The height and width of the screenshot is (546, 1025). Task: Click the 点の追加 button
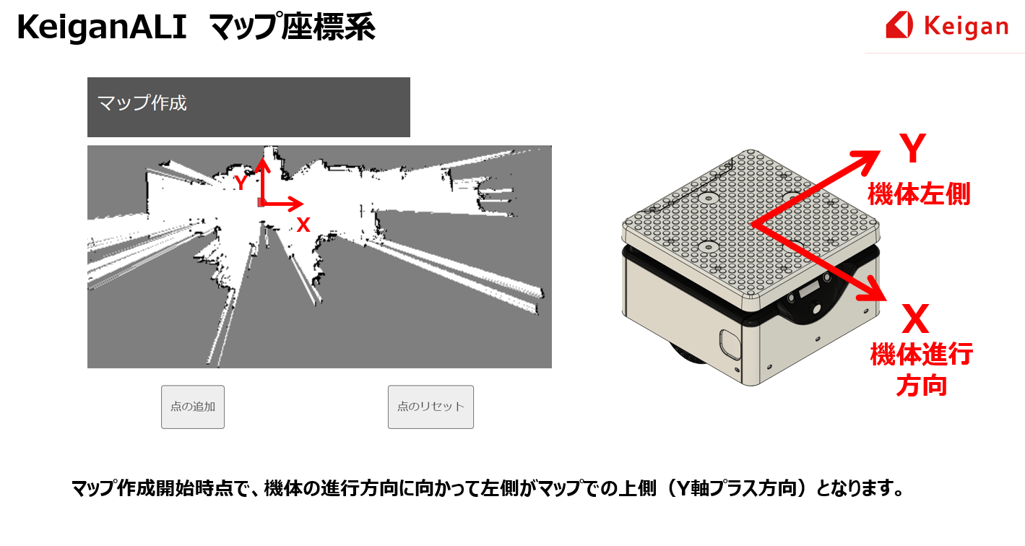pyautogui.click(x=193, y=407)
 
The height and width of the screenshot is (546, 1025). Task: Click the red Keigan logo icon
pyautogui.click(x=899, y=25)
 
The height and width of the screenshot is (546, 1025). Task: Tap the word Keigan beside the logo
pyautogui.click(x=966, y=27)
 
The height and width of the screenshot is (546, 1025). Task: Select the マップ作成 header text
pyautogui.click(x=142, y=103)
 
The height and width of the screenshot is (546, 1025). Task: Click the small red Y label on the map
pyautogui.click(x=241, y=183)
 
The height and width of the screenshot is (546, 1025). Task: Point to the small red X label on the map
pyautogui.click(x=303, y=225)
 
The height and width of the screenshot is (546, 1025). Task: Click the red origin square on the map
pyautogui.click(x=261, y=202)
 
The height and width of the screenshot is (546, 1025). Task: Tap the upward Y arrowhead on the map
pyautogui.click(x=262, y=165)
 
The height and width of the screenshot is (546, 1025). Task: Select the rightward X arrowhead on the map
pyautogui.click(x=295, y=204)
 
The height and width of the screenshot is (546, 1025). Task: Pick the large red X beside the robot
pyautogui.click(x=916, y=318)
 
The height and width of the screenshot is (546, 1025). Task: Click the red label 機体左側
pyautogui.click(x=920, y=194)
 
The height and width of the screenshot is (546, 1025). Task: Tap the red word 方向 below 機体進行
pyautogui.click(x=922, y=386)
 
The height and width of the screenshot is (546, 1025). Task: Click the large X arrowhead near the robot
pyautogui.click(x=872, y=289)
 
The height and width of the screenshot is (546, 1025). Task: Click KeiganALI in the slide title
pyautogui.click(x=102, y=27)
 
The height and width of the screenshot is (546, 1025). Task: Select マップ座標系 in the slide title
pyautogui.click(x=293, y=27)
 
